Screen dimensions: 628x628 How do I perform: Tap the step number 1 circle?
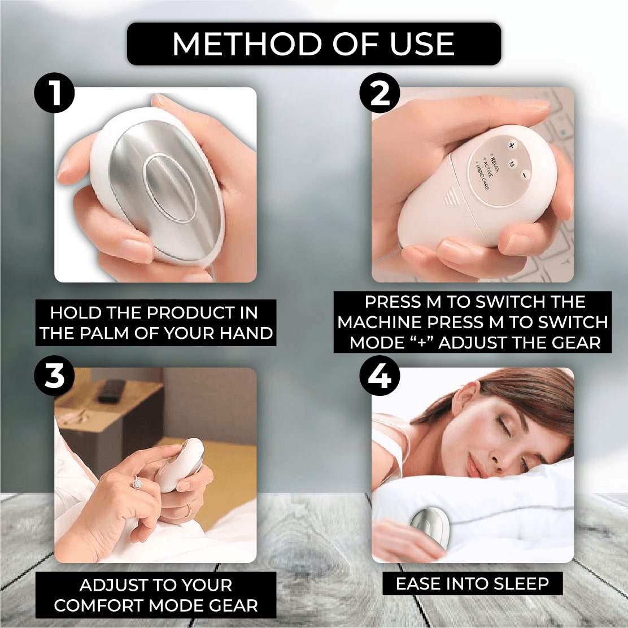point(55,94)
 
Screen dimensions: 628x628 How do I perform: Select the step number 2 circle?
point(380,94)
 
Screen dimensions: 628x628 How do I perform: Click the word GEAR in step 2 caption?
point(577,342)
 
